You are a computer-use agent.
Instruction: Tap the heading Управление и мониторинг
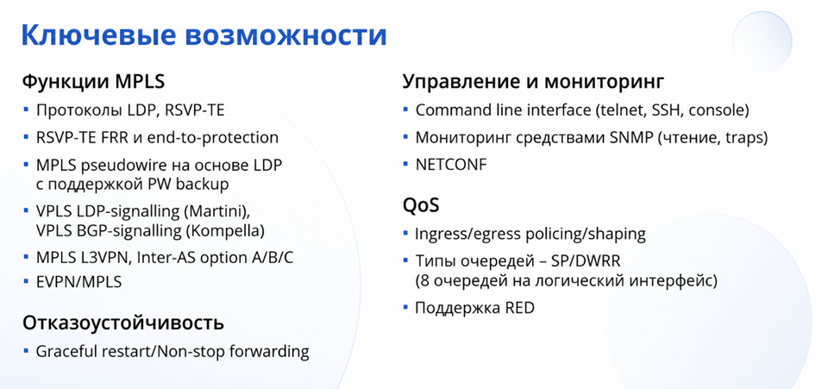534,82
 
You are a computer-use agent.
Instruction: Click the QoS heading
421,206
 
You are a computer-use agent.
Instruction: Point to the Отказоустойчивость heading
122,323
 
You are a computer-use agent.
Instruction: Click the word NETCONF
452,165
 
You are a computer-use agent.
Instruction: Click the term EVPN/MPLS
78,282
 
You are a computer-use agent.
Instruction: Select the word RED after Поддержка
519,309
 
